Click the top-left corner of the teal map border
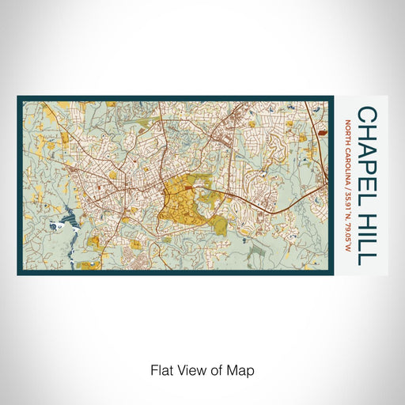tap(19, 98)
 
